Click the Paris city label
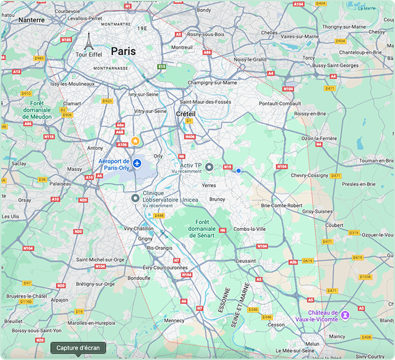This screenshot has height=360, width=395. pos(124,51)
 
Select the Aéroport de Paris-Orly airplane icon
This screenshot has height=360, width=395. pos(137,163)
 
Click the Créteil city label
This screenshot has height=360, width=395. pos(185,113)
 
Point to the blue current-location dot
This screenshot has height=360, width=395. pos(238,170)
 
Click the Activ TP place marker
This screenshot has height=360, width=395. pos(209,167)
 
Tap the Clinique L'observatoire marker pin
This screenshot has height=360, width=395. pos(135,198)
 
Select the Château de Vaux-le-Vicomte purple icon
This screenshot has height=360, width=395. pos(345,315)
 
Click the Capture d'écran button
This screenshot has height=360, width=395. pos(78,347)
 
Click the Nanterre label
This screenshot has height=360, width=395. pos(31,20)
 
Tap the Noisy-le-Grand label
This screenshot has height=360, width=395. pos(251,59)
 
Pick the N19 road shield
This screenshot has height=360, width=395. pos(228,167)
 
